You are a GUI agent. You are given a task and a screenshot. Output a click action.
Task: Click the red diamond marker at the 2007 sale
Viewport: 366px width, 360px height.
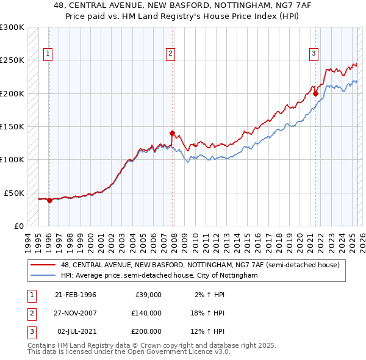click(173, 133)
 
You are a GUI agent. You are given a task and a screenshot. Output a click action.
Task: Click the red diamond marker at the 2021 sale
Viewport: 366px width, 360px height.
click(315, 93)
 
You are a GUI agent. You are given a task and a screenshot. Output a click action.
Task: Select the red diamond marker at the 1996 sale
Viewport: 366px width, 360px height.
click(49, 200)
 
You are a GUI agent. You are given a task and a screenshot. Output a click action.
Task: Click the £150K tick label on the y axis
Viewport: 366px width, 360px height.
click(12, 126)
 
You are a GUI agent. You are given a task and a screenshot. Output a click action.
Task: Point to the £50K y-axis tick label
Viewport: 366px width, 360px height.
click(14, 193)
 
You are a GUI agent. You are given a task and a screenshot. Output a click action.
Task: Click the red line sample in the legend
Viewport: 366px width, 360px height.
click(43, 265)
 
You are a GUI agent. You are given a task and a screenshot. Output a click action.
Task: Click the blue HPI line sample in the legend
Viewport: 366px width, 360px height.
click(43, 275)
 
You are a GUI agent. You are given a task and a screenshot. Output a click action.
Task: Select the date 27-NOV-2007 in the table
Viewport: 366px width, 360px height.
click(76, 313)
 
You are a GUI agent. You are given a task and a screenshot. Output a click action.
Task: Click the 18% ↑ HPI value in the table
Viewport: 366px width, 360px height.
click(208, 313)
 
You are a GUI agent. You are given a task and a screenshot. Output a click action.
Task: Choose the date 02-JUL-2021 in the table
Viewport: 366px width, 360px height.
click(76, 331)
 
